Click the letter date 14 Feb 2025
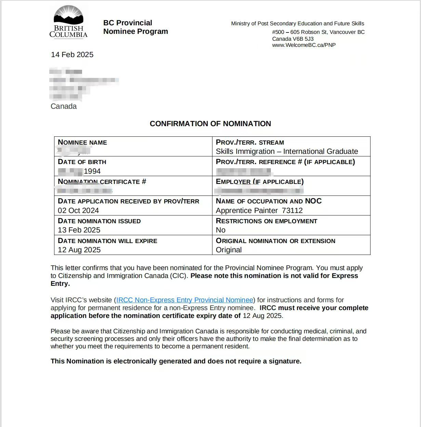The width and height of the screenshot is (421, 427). [x=72, y=55]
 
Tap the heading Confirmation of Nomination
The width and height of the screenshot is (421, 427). [x=210, y=124]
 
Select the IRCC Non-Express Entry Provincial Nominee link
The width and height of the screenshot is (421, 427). [x=185, y=300]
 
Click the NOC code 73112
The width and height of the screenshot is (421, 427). [x=292, y=211]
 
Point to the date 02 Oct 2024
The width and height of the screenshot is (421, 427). [x=78, y=211]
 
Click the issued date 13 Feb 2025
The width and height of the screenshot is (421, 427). [x=79, y=230]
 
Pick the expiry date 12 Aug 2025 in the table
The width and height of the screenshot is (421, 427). [x=79, y=250]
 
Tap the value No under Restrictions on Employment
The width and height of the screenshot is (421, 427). [x=221, y=230]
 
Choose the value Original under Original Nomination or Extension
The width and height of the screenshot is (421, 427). [x=228, y=250]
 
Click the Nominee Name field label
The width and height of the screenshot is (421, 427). [x=82, y=143]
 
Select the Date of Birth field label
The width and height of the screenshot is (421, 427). [x=82, y=162]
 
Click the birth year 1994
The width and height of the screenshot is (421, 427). [x=92, y=171]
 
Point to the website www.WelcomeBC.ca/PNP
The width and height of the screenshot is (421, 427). [x=304, y=45]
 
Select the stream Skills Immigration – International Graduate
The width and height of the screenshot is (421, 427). [x=287, y=151]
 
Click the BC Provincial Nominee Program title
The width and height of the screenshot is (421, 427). [x=135, y=27]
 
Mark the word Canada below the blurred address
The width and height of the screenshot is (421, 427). [x=64, y=106]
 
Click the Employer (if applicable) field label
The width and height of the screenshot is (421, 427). [x=260, y=182]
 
